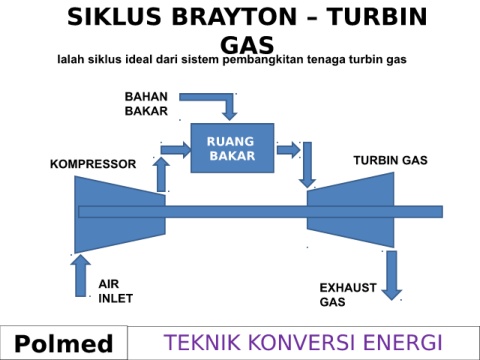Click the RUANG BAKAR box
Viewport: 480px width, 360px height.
tap(232, 148)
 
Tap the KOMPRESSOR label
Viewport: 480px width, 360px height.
tap(93, 164)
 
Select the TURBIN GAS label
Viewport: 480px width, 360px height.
tap(390, 160)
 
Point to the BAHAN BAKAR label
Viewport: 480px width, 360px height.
tap(146, 104)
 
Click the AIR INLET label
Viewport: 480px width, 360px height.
tap(115, 291)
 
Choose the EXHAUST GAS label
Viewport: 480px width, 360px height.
tap(348, 295)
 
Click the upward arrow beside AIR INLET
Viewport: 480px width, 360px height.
tap(81, 276)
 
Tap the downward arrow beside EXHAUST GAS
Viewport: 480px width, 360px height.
tap(392, 275)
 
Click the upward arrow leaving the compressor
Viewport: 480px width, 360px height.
tap(161, 175)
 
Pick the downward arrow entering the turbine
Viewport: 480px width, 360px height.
tap(307, 165)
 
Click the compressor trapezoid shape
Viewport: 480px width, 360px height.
tap(120, 214)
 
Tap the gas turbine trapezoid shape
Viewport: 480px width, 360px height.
tap(350, 210)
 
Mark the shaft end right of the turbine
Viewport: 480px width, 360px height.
tap(442, 212)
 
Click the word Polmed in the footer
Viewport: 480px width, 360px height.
tap(64, 344)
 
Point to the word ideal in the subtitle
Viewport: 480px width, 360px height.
tap(139, 60)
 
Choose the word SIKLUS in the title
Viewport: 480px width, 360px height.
tap(114, 17)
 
